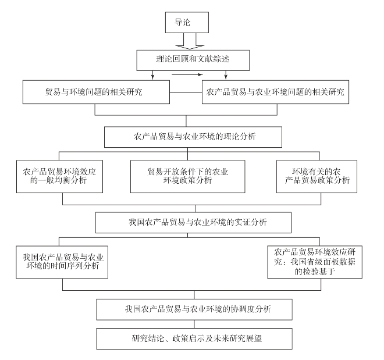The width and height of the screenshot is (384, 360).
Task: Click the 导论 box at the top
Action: tap(187, 22)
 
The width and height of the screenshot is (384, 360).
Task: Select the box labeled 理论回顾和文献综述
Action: tap(193, 60)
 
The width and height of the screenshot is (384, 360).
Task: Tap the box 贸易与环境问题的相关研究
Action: tap(96, 92)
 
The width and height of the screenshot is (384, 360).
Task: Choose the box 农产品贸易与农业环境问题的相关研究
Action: tap(275, 92)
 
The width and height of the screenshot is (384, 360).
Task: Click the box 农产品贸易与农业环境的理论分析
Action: tap(193, 137)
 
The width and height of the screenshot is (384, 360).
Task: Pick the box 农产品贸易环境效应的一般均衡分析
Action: tap(59, 176)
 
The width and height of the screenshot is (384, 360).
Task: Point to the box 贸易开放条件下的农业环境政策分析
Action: tap(187, 176)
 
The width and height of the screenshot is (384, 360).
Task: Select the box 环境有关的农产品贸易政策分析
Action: tap(317, 176)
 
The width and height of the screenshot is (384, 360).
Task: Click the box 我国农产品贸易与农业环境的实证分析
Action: tap(193, 223)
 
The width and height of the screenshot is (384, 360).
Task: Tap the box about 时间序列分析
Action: tap(62, 262)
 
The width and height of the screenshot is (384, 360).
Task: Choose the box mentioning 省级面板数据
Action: tap(315, 262)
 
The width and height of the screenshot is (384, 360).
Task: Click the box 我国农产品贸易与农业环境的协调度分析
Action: tap(194, 309)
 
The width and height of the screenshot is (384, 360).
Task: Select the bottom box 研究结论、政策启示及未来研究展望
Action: tap(194, 338)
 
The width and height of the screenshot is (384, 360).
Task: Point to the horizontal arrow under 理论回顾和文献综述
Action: tap(187, 74)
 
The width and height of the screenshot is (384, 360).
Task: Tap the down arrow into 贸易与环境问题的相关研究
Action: tap(152, 75)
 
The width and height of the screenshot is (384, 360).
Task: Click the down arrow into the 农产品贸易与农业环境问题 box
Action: tap(226, 75)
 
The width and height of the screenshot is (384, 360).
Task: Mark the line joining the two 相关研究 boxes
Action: tap(186, 92)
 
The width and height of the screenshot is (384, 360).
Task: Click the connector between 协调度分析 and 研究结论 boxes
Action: tap(194, 324)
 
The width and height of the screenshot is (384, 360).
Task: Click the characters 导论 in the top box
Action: tap(182, 22)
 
